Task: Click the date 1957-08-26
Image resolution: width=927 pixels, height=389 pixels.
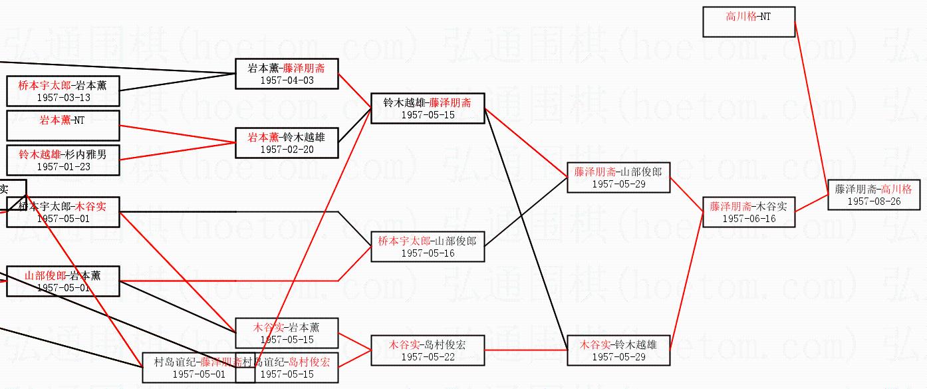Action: tap(874, 201)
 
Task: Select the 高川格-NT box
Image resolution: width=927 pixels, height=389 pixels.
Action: tap(749, 21)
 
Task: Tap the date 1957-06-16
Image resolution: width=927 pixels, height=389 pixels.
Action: tap(749, 218)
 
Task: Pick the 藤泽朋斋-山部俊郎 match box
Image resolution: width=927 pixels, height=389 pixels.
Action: tap(618, 178)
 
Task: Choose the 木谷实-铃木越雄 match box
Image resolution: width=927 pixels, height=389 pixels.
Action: tap(618, 350)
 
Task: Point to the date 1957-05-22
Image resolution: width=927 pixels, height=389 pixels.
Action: tap(428, 356)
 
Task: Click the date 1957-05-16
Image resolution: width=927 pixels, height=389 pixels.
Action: tap(428, 253)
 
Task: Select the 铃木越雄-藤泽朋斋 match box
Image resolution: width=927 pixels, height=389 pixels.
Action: tap(428, 108)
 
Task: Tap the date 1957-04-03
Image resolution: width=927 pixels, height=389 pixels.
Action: tap(287, 80)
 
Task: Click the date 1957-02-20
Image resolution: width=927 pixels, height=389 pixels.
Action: tap(287, 149)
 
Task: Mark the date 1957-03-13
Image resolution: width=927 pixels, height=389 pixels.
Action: tap(63, 97)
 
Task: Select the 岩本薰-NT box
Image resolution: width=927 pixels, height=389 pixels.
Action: tap(63, 126)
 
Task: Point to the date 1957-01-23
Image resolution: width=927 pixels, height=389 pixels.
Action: tap(63, 166)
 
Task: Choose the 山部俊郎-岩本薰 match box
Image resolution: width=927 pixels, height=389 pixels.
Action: tap(63, 281)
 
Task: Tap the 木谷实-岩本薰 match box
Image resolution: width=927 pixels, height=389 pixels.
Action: tap(287, 332)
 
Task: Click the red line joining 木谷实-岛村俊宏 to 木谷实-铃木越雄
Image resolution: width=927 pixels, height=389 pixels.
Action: tap(525, 350)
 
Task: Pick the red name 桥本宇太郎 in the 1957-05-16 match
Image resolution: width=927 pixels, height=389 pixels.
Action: tap(404, 241)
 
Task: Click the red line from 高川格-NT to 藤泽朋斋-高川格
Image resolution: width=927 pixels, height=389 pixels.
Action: tap(811, 100)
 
